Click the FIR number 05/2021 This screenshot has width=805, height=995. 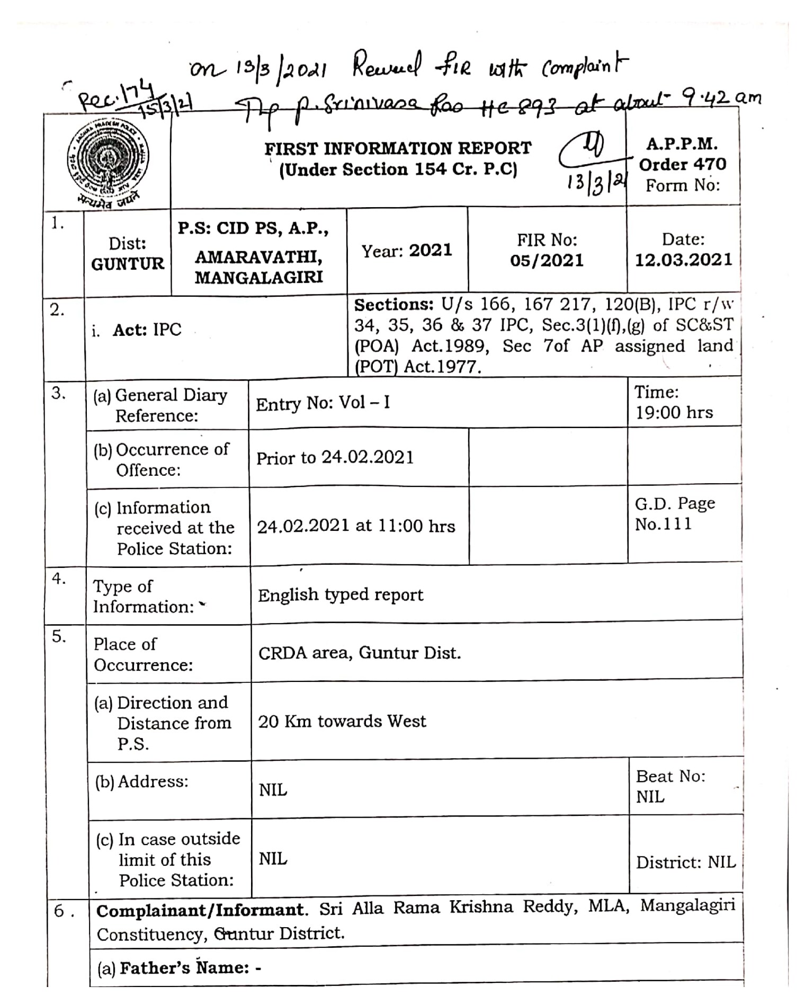[547, 261]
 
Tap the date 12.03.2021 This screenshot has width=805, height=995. [683, 260]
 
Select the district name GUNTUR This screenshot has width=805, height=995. [128, 264]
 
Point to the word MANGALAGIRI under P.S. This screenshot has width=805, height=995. [258, 277]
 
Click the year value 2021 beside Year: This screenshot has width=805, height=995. [430, 250]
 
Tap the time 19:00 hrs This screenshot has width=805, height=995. [674, 412]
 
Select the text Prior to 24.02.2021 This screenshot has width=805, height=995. [335, 458]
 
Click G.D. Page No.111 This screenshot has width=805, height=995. [674, 513]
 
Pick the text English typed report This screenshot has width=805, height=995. [341, 595]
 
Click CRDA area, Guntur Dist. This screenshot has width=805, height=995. [359, 653]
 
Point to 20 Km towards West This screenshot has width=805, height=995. [342, 721]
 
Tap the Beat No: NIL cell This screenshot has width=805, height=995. [670, 786]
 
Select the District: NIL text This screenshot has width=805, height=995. [685, 862]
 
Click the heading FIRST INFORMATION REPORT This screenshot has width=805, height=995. [398, 148]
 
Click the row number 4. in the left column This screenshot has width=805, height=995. [59, 579]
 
